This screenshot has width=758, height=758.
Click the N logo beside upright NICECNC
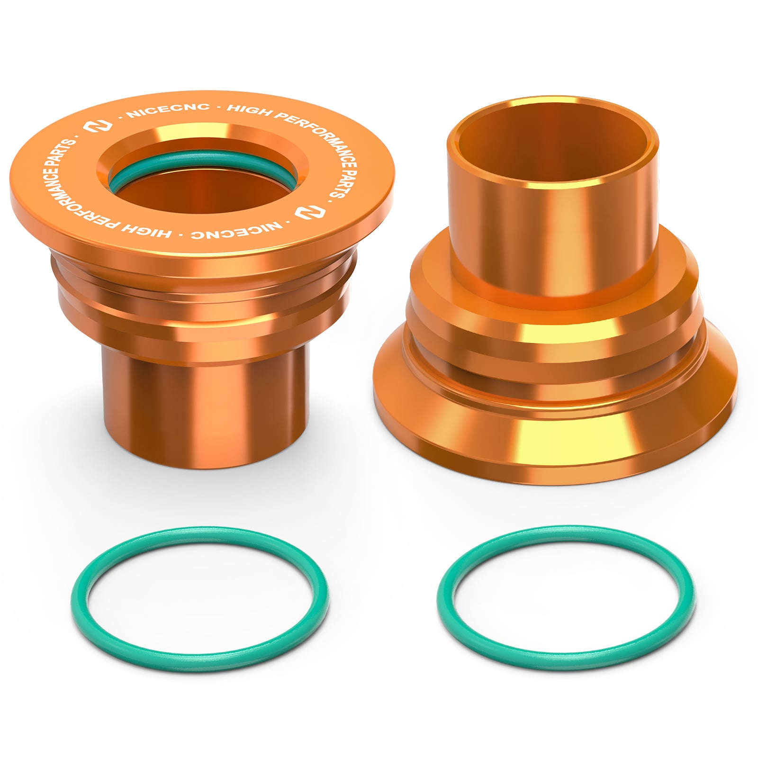[x=98, y=126]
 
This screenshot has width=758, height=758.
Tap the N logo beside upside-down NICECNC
[x=306, y=211]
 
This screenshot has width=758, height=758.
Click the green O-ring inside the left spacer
[x=201, y=161]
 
